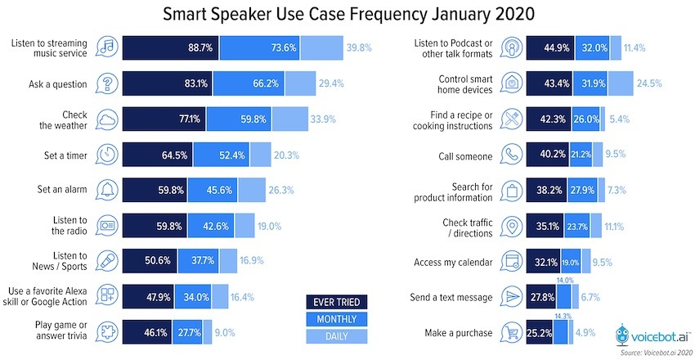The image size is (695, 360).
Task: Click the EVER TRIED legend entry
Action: click(336, 301)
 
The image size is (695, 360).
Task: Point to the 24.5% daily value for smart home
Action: click(649, 83)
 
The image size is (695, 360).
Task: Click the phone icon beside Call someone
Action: click(510, 154)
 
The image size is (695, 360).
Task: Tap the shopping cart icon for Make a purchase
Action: click(510, 334)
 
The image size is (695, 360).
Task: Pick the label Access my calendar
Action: click(455, 262)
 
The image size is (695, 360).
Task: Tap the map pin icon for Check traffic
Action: click(510, 226)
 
